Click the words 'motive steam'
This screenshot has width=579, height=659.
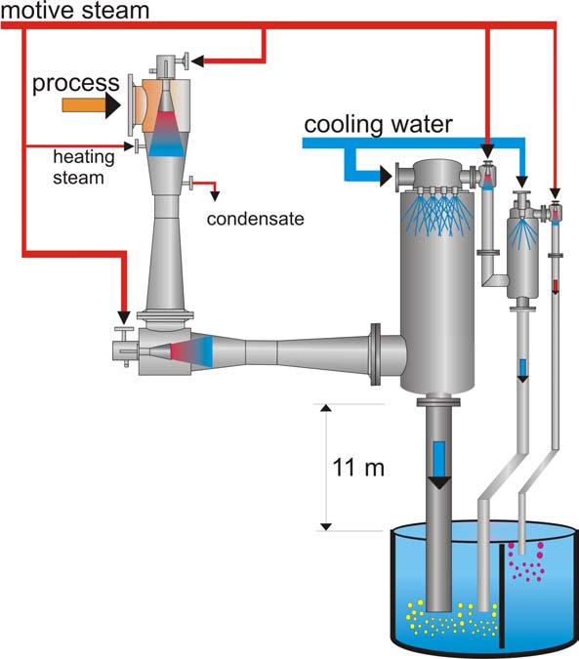(x=75, y=10)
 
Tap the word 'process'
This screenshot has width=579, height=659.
(x=76, y=83)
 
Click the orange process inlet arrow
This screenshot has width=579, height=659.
(x=92, y=105)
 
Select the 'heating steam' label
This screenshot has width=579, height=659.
(x=84, y=167)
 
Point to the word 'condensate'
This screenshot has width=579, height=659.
(x=256, y=219)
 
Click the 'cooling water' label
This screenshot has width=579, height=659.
(x=378, y=125)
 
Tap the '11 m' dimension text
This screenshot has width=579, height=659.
(x=358, y=468)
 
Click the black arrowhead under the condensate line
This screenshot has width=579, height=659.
(x=215, y=196)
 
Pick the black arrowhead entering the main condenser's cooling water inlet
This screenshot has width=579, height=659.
(x=386, y=176)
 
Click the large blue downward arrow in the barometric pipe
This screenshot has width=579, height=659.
(x=439, y=466)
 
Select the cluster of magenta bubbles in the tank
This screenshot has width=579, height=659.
(x=526, y=561)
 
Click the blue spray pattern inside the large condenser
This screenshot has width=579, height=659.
(x=437, y=212)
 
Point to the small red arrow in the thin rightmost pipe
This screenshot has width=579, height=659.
(x=555, y=287)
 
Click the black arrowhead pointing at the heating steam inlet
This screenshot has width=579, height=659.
(x=130, y=146)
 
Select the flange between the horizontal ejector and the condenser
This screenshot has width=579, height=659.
(x=375, y=354)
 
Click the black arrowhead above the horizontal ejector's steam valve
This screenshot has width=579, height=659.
(x=124, y=317)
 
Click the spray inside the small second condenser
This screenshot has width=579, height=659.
(x=522, y=233)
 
